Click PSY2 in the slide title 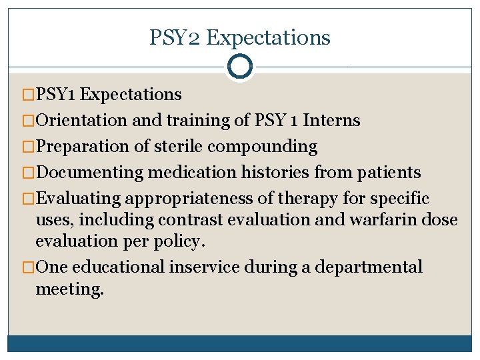[x=175, y=38]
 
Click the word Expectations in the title [x=268, y=38]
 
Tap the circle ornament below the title [x=239, y=67]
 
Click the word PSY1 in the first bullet [x=57, y=95]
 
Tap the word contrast [x=228, y=220]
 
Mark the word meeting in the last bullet [x=69, y=289]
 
